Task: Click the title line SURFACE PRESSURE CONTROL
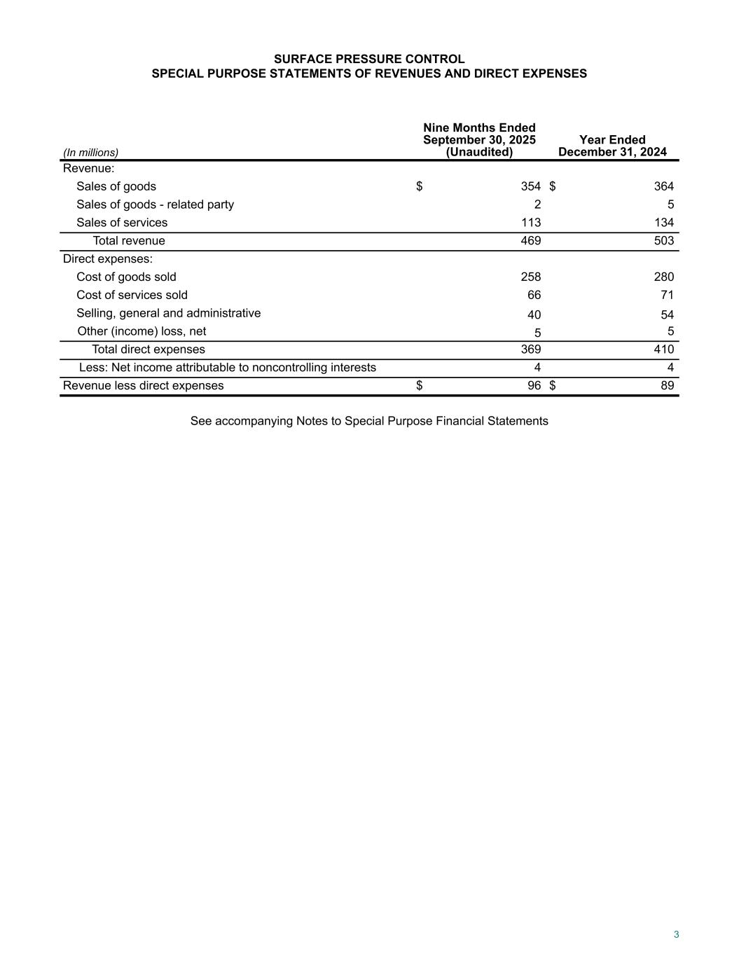pyautogui.click(x=369, y=59)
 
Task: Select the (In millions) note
pyautogui.click(x=90, y=152)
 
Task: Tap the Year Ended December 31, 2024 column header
pyautogui.click(x=612, y=146)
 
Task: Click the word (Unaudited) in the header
pyautogui.click(x=479, y=152)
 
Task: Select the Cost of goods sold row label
pyautogui.click(x=126, y=277)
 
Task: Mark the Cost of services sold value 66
pyautogui.click(x=534, y=296)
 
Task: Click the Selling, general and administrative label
pyautogui.click(x=168, y=313)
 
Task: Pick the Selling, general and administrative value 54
pyautogui.click(x=667, y=315)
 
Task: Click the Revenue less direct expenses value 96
pyautogui.click(x=534, y=386)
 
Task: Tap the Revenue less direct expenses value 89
pyautogui.click(x=667, y=386)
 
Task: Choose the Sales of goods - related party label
pyautogui.click(x=155, y=205)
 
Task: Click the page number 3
pyautogui.click(x=676, y=934)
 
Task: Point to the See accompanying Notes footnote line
pyautogui.click(x=369, y=421)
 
